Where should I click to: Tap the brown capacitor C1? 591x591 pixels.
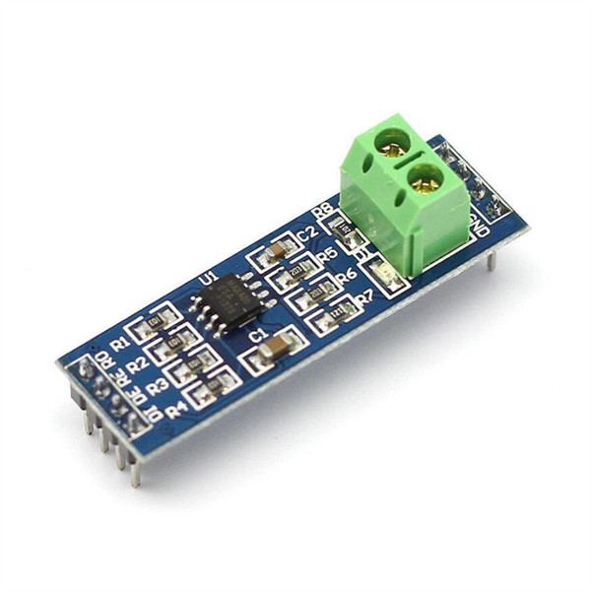pyautogui.click(x=277, y=347)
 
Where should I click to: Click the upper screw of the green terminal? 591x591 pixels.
pyautogui.click(x=393, y=144)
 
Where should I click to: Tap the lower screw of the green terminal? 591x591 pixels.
pyautogui.click(x=425, y=178)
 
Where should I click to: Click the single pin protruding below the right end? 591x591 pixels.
pyautogui.click(x=491, y=259)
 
